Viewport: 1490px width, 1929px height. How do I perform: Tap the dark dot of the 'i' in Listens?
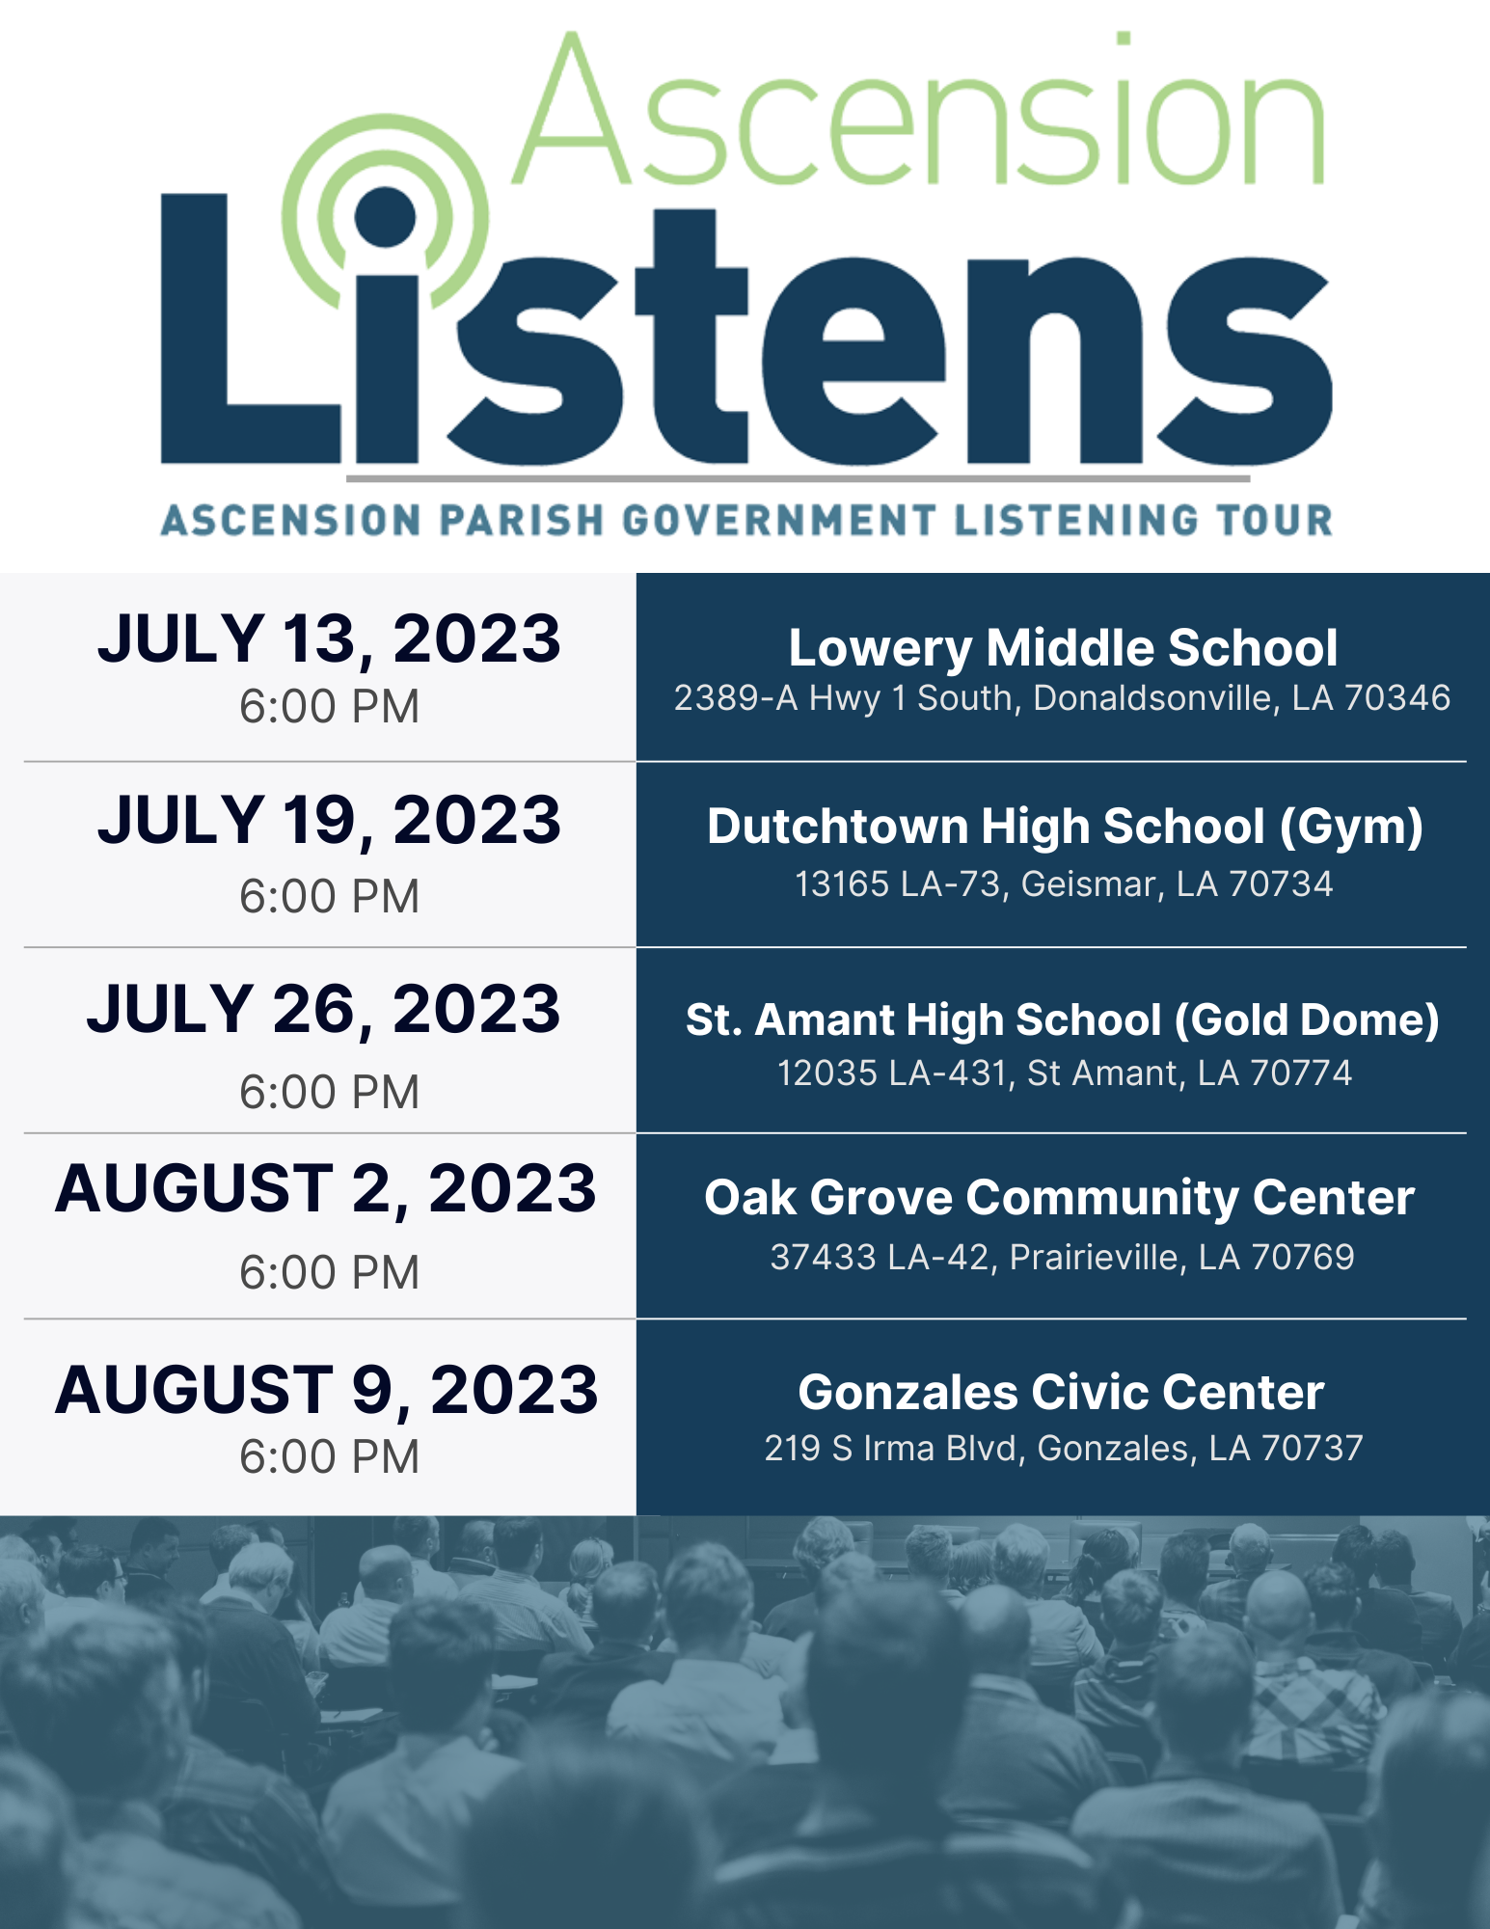tap(386, 216)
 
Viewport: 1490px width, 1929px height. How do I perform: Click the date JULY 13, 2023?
tap(329, 639)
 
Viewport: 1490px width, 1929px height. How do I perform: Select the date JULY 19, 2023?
tap(329, 821)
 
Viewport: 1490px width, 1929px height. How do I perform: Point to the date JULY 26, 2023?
tap(324, 1010)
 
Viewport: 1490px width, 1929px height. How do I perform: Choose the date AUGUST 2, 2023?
tap(326, 1189)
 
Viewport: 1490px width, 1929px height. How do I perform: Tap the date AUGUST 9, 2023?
tap(327, 1390)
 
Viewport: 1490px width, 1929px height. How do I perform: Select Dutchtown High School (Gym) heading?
tap(1065, 828)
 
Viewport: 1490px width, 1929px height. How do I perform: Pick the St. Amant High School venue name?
tap(1063, 1020)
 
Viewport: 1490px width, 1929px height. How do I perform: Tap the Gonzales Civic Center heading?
tap(1061, 1393)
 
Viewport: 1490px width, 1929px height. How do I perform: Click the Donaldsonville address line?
tap(1062, 698)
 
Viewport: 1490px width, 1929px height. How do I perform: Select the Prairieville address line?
tap(1063, 1258)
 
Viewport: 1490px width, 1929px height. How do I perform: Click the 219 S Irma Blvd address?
tap(1064, 1449)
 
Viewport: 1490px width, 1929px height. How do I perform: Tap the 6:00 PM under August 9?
tap(329, 1457)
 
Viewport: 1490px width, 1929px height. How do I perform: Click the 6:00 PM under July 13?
tap(329, 707)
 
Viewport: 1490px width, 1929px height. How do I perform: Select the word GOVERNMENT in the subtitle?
tap(780, 521)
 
